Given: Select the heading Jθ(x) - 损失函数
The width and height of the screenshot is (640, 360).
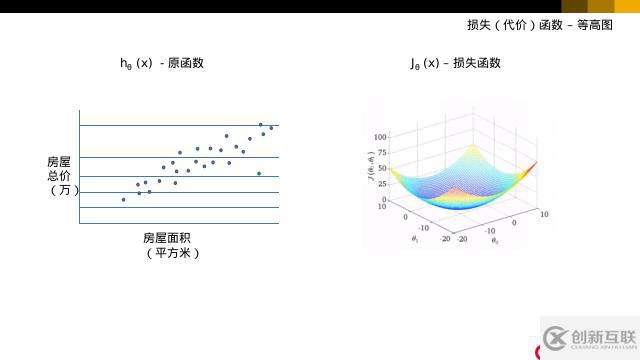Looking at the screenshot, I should [x=455, y=63].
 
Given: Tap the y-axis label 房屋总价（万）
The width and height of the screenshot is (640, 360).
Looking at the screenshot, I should [x=60, y=175].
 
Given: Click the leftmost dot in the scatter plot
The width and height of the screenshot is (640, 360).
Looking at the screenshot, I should [x=123, y=199].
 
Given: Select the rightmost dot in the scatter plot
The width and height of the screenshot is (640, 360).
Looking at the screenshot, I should [x=271, y=128].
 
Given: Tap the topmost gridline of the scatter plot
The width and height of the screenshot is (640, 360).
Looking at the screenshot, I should [x=178, y=125].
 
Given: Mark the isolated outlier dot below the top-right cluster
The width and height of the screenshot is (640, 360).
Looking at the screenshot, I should [x=259, y=173].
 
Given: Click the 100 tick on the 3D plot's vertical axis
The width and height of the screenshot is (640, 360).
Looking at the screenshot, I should [x=380, y=135].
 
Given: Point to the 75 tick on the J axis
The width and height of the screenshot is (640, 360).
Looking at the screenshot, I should [x=381, y=152].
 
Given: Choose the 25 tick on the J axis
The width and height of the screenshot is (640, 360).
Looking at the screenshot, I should [x=381, y=184].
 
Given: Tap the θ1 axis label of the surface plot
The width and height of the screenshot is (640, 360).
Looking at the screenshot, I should [x=414, y=239].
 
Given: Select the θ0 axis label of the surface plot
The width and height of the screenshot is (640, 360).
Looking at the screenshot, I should [x=494, y=240].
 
